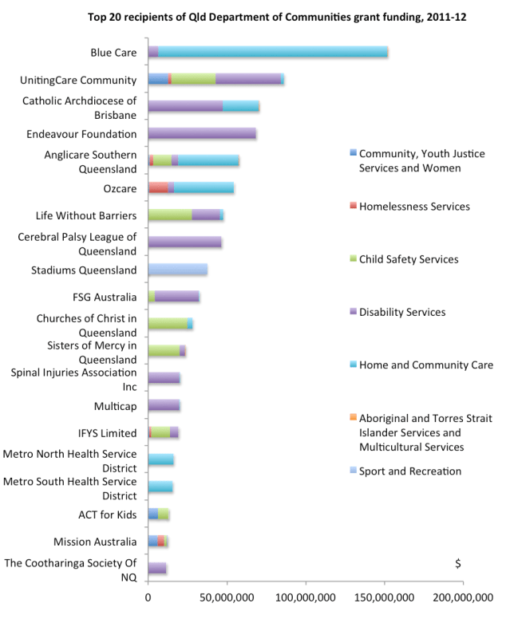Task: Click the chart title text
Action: (259, 17)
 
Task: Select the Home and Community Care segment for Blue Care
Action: (272, 52)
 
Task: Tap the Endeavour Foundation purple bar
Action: (202, 133)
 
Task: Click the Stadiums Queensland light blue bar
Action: (177, 270)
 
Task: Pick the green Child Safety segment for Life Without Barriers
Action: (170, 215)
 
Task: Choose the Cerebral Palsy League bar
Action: (185, 242)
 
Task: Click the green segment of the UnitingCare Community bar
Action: (193, 79)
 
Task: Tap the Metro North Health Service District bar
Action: (160, 459)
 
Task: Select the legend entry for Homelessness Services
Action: (414, 206)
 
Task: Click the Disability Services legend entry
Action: (401, 312)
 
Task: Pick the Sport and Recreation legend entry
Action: (409, 471)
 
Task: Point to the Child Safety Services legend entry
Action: (409, 259)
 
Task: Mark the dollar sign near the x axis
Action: (457, 563)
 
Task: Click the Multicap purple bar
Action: (164, 405)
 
